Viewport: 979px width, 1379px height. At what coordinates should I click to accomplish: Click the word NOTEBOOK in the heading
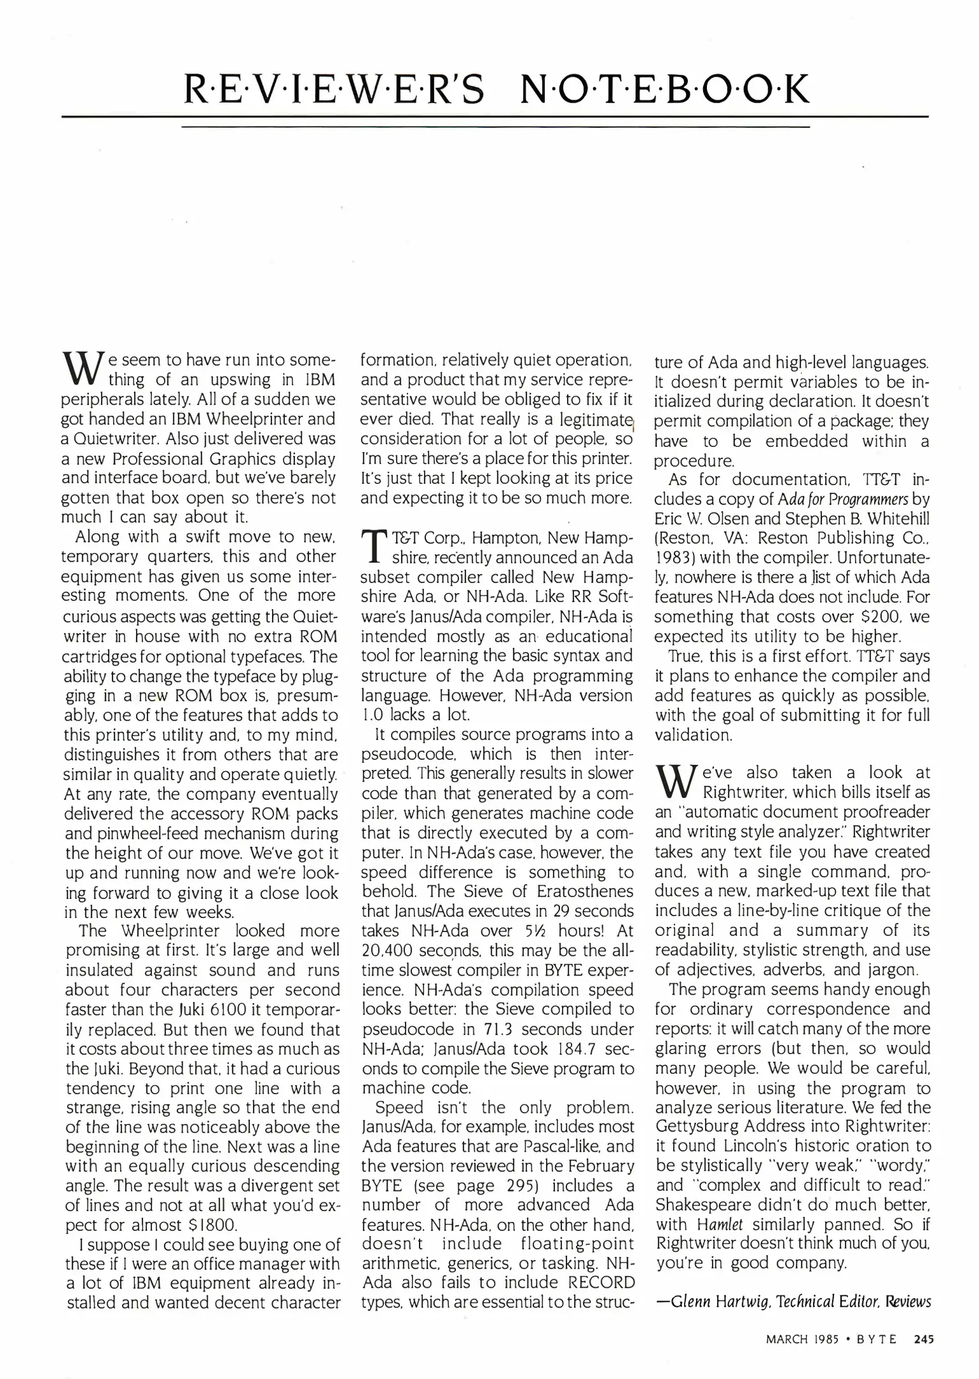664,90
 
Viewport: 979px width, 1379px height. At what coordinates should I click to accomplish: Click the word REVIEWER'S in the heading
334,90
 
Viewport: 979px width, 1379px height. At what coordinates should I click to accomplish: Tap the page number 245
923,1339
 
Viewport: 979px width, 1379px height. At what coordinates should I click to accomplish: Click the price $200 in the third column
872,617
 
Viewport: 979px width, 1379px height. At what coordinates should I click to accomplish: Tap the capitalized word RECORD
601,1282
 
